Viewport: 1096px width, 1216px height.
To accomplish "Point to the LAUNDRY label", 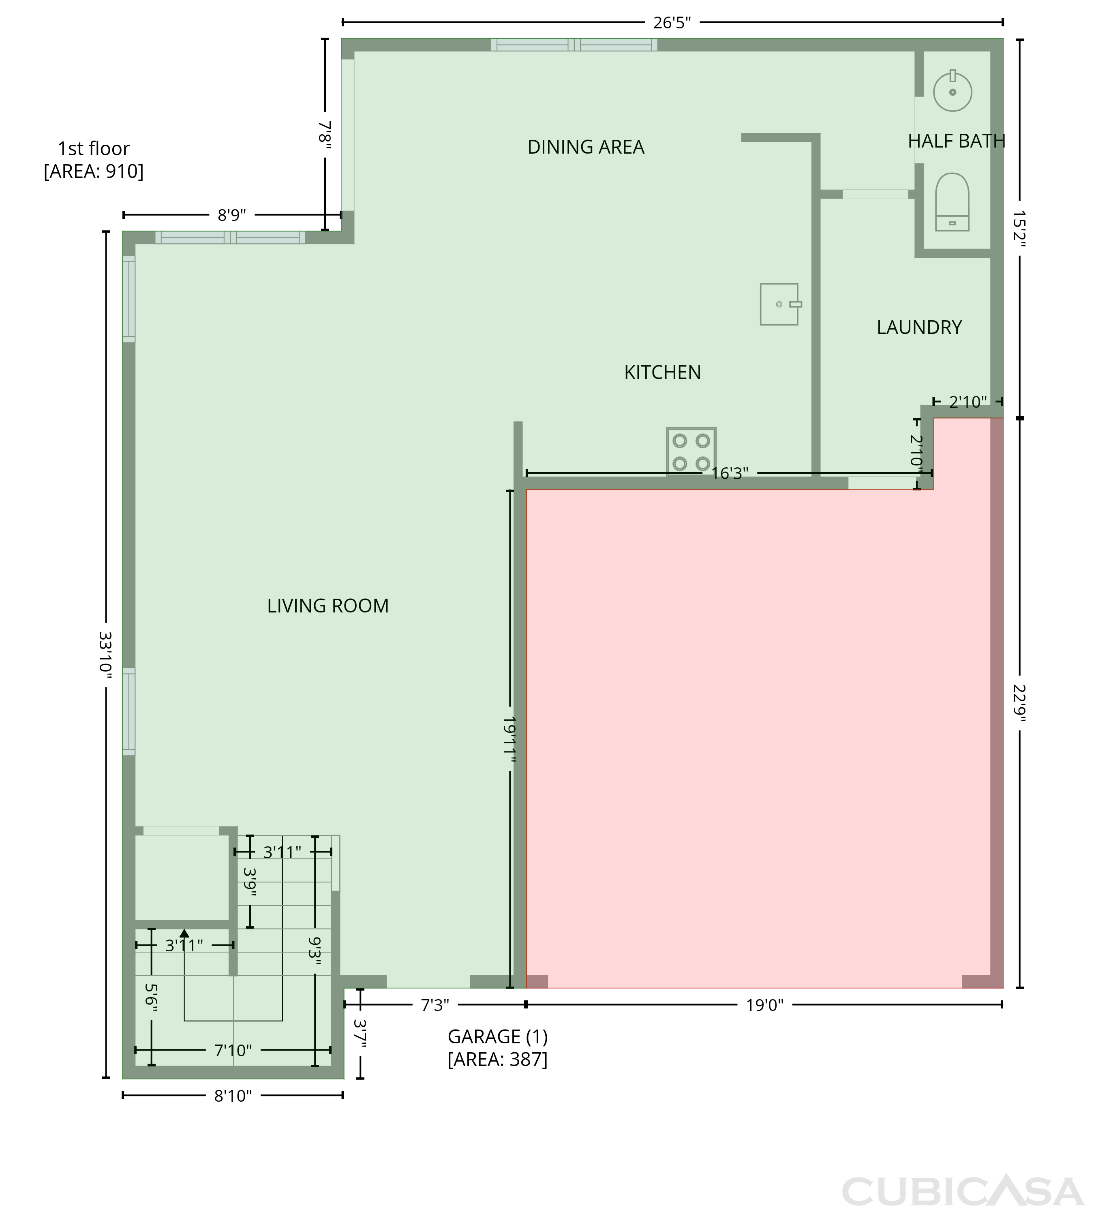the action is [x=919, y=327].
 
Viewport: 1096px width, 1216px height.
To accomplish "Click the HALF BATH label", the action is [x=956, y=141].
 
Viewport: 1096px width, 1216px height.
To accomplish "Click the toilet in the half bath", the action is [x=952, y=202].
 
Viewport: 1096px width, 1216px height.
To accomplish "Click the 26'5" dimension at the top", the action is [x=672, y=23].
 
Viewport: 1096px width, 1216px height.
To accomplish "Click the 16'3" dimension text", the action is [x=730, y=473].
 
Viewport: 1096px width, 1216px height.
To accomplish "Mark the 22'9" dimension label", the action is [x=1019, y=702].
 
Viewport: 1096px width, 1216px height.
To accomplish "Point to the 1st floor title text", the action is [x=94, y=148].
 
